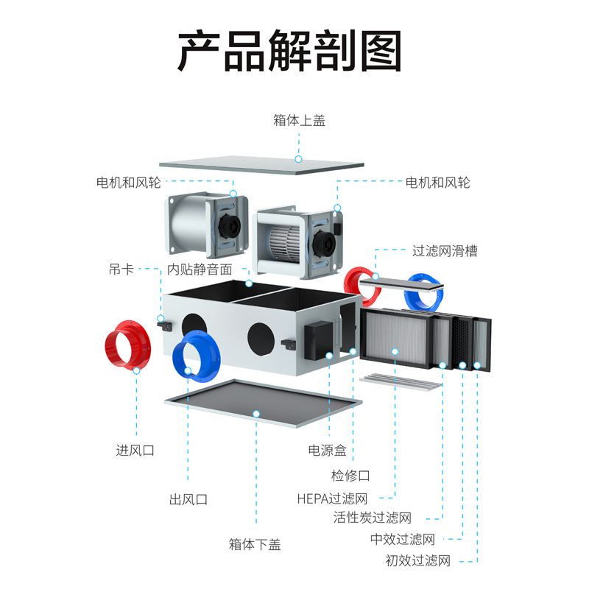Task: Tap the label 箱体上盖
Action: coord(299,120)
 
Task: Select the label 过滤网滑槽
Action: coord(445,251)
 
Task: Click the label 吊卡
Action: coord(121,269)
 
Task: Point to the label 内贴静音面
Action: coord(200,269)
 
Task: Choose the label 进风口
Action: coord(135,449)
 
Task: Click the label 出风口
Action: coord(188,499)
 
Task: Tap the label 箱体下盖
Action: coord(255,545)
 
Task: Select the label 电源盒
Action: coord(327,449)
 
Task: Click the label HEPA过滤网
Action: coord(332,498)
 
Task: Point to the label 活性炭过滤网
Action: coord(372,518)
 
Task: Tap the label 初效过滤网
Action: coord(417,561)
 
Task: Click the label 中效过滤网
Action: coord(403,540)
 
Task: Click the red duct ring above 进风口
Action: coord(127,346)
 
